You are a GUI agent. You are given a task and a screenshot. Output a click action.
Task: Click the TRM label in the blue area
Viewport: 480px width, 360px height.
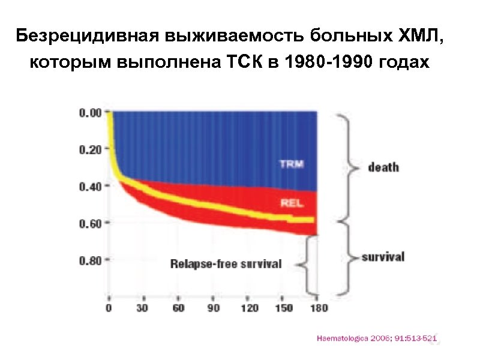[291, 164]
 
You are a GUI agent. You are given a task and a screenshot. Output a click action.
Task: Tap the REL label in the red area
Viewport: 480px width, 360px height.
[292, 203]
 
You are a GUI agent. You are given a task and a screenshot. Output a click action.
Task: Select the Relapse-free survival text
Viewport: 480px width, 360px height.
[226, 265]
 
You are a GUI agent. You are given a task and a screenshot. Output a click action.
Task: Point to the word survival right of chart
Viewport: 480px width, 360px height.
[383, 257]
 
